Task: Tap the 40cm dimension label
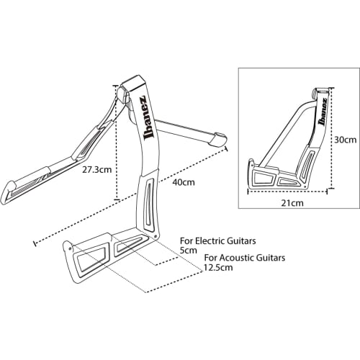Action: coord(184,182)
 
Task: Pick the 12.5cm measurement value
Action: coord(217,267)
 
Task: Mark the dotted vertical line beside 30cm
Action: coord(330,140)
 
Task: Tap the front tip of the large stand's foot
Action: coord(72,247)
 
